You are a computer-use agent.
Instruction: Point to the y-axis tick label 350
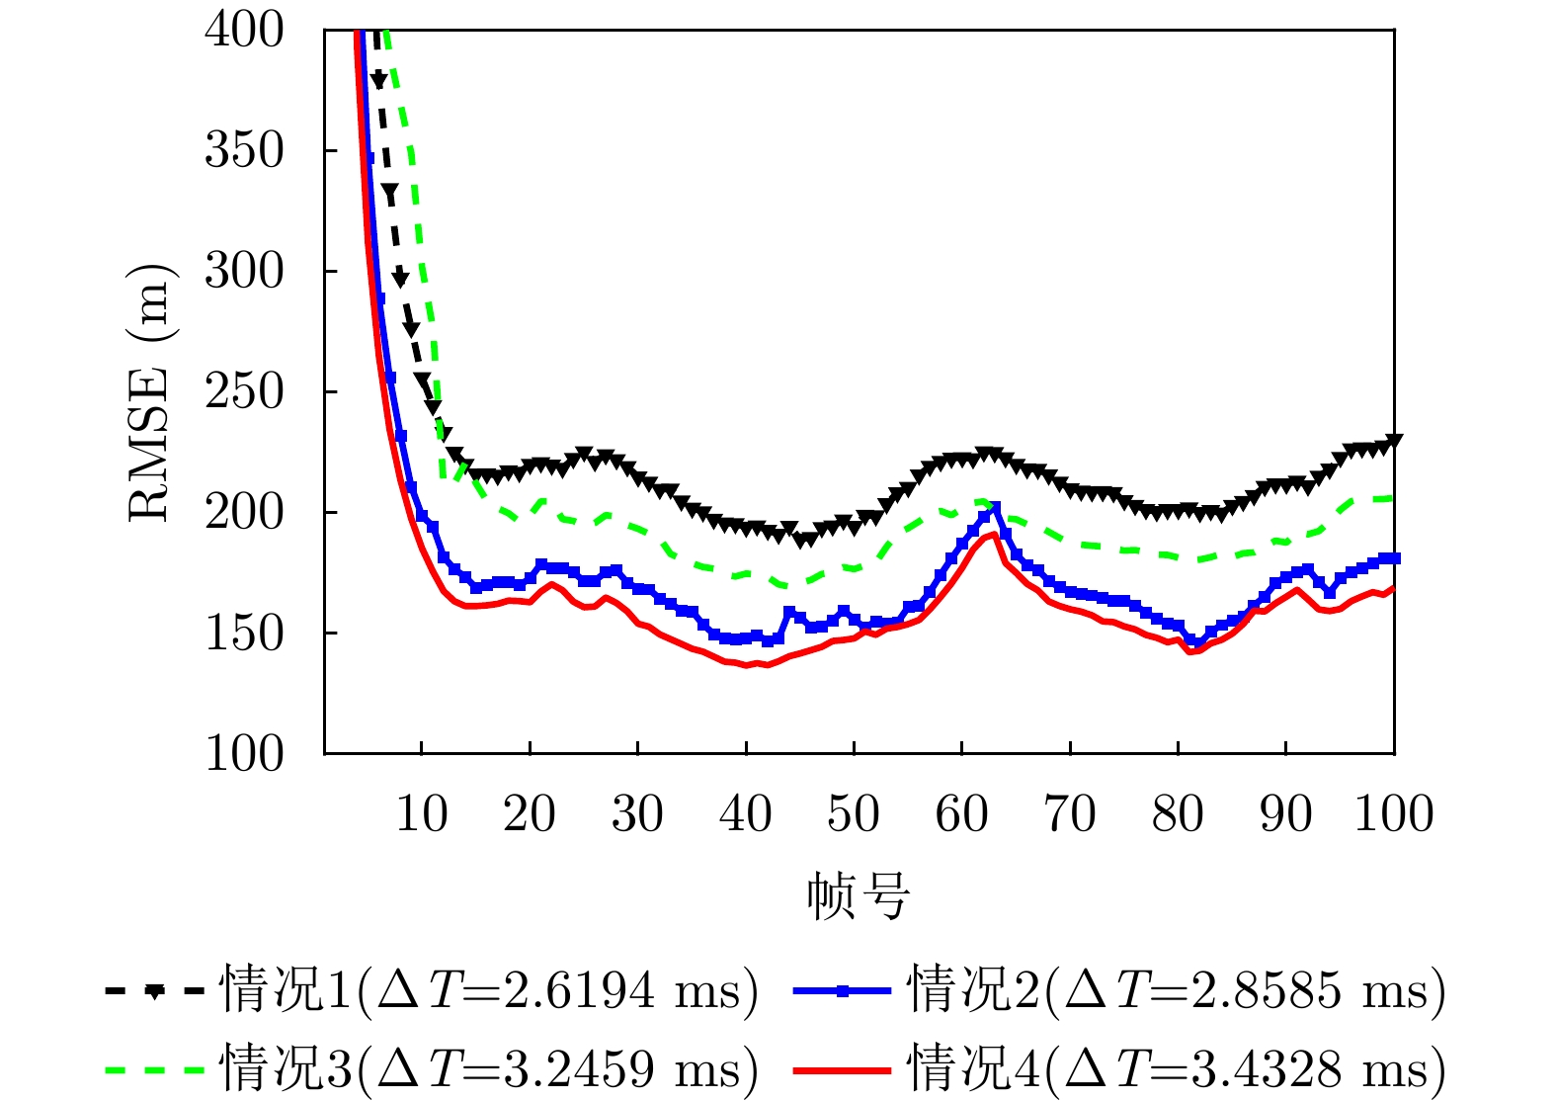click(243, 150)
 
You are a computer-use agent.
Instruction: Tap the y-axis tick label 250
click(243, 391)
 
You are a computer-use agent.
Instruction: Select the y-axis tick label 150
click(243, 633)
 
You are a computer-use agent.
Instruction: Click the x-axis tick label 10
click(422, 814)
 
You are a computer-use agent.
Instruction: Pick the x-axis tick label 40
click(746, 814)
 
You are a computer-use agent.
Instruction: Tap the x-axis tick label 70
click(1070, 814)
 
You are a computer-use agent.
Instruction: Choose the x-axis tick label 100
click(1393, 814)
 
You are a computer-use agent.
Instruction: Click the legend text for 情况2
click(1177, 989)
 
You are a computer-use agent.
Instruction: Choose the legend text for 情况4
click(1177, 1068)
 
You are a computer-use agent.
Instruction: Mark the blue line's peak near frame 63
click(995, 508)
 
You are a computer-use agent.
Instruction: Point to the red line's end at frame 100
click(1393, 588)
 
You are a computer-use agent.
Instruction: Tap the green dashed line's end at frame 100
click(1392, 497)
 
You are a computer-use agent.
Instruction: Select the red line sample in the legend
click(842, 1069)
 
